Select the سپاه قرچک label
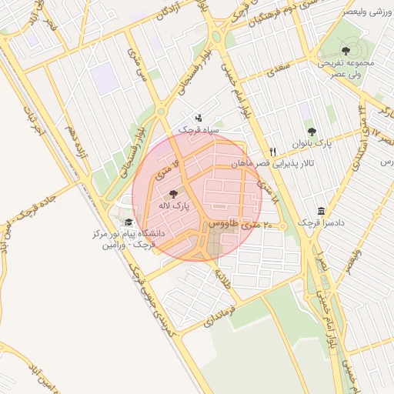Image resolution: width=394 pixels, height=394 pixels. point(199,130)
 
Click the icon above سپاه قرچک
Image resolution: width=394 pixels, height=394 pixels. point(199,119)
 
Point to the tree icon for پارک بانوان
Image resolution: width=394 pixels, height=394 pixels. point(312,132)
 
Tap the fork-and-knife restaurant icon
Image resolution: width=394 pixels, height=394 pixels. point(272,152)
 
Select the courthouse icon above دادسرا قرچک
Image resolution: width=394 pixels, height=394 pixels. point(321,211)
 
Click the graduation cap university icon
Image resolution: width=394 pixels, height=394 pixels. point(128,222)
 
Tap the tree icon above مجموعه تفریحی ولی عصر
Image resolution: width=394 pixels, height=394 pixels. point(344,50)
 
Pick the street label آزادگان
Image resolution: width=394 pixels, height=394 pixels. point(172,11)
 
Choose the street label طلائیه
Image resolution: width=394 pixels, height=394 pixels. point(224,279)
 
